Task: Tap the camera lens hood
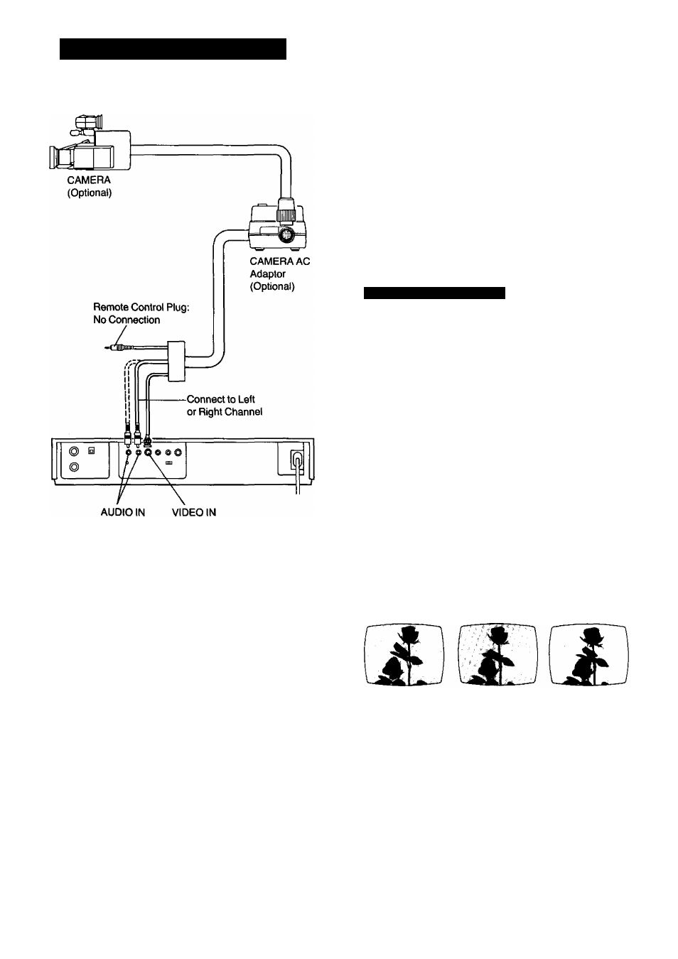click(55, 157)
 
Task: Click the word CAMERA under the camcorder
click(89, 180)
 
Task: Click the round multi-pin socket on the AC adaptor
click(286, 234)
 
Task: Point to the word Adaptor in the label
click(267, 274)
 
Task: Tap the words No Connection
click(127, 320)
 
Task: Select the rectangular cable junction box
click(176, 361)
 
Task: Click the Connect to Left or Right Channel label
click(225, 406)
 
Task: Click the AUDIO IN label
click(122, 512)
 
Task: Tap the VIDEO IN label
click(193, 512)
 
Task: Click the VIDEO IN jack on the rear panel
click(149, 452)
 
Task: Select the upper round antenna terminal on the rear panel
click(75, 451)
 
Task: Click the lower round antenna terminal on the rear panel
click(75, 467)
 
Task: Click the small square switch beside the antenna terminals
click(91, 450)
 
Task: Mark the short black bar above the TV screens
click(434, 293)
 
